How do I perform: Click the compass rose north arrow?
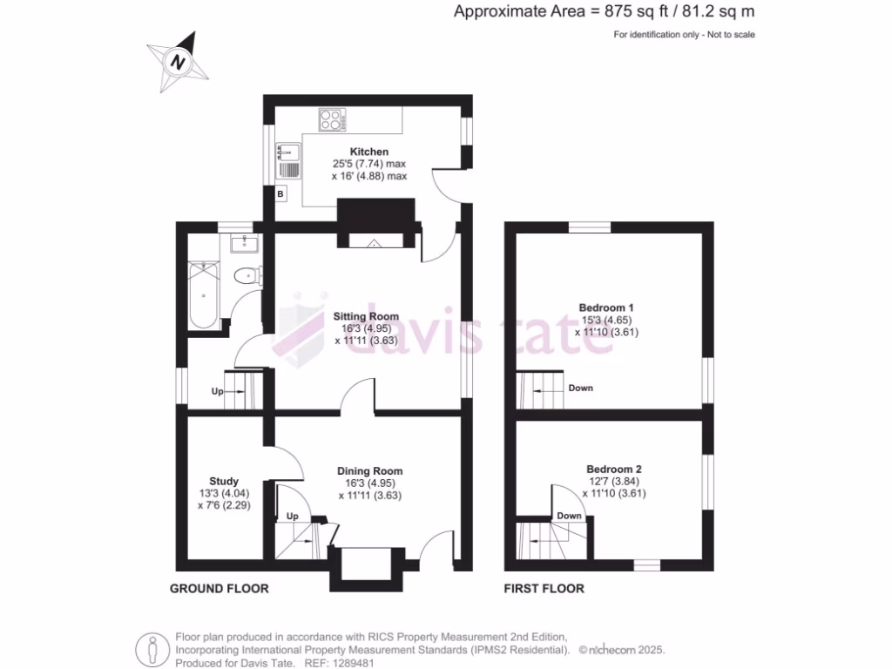pos(179,62)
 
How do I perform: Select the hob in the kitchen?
pos(331,119)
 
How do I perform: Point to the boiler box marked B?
pos(280,194)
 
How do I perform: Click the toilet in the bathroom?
pos(247,276)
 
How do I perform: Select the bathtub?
pos(206,294)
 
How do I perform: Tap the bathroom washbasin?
pos(242,243)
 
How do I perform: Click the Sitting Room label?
pos(366,317)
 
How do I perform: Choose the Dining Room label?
pos(370,471)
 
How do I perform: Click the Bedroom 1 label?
pos(606,307)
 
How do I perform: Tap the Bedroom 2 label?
pos(613,469)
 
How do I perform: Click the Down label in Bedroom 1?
pos(580,388)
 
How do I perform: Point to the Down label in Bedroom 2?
pos(569,516)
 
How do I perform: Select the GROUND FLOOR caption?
pos(219,589)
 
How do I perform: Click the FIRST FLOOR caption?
pos(544,589)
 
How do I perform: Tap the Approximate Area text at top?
pos(604,11)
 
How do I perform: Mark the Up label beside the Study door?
pos(293,517)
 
